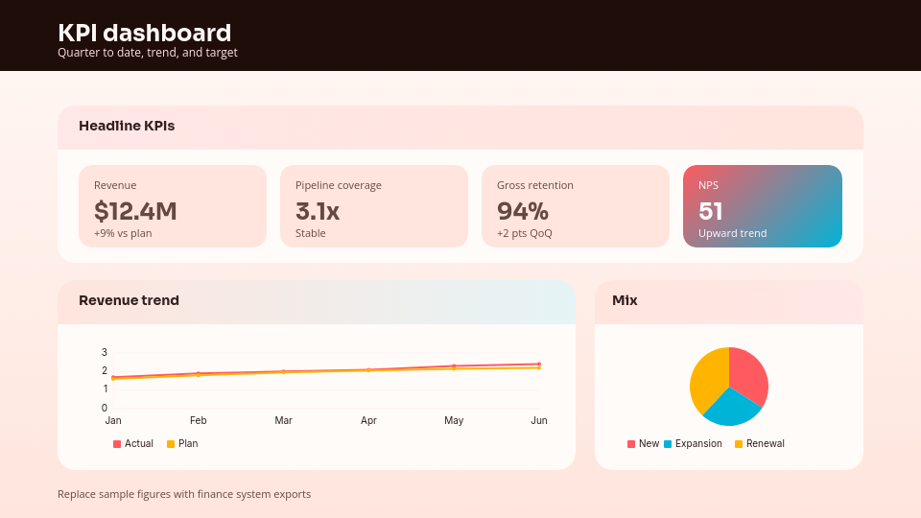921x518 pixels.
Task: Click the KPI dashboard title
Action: (144, 33)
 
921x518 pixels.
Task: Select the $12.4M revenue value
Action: (135, 211)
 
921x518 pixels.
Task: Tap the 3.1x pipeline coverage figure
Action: (318, 211)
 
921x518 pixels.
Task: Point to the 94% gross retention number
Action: (523, 211)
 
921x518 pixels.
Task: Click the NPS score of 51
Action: (711, 211)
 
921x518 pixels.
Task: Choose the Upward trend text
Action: (732, 233)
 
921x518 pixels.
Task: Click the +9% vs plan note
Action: (123, 233)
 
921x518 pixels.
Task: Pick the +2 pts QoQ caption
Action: (525, 233)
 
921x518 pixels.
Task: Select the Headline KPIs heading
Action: (127, 126)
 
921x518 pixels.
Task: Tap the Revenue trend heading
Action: (129, 300)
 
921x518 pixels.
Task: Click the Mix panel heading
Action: (625, 300)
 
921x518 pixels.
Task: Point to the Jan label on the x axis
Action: (113, 420)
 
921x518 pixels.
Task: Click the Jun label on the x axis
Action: (539, 420)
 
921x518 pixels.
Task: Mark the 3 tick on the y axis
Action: (105, 352)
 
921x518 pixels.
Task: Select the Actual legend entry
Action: (133, 444)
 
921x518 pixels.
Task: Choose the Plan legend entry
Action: (182, 444)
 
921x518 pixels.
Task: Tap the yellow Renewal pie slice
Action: (707, 376)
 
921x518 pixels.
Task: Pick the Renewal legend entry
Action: (760, 444)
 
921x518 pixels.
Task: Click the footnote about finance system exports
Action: (184, 494)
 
